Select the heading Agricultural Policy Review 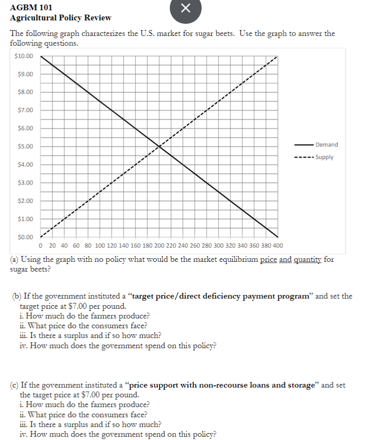point(61,18)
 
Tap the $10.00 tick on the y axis point(23,56)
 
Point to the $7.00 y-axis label point(25,110)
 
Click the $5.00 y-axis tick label point(25,146)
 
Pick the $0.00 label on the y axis point(25,237)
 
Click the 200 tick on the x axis point(159,245)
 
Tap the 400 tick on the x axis point(277,245)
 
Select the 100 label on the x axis point(100,245)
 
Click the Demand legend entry point(327,145)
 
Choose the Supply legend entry point(324,157)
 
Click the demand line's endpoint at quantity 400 point(277,237)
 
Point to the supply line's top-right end point(277,57)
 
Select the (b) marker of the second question point(15,296)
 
